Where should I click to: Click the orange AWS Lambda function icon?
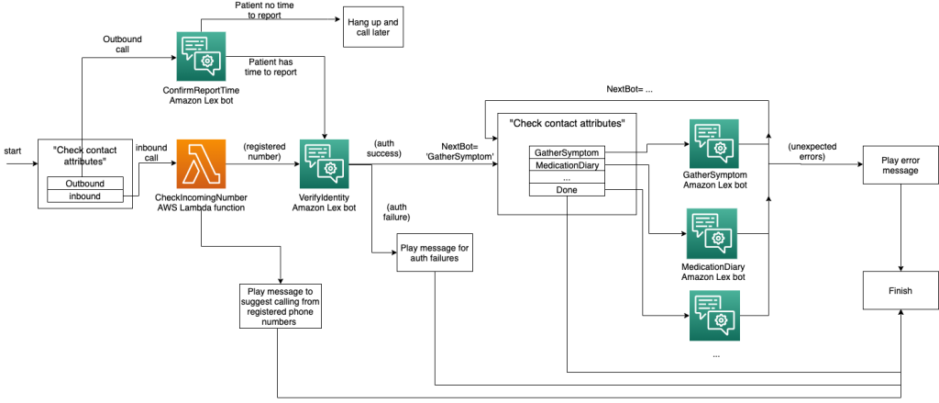pyautogui.click(x=201, y=164)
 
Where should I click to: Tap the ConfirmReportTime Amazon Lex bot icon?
pyautogui.click(x=201, y=57)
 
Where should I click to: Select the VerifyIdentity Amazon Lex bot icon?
pyautogui.click(x=324, y=164)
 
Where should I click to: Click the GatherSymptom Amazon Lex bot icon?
pyautogui.click(x=713, y=143)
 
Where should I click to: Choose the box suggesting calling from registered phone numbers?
pyautogui.click(x=281, y=307)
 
